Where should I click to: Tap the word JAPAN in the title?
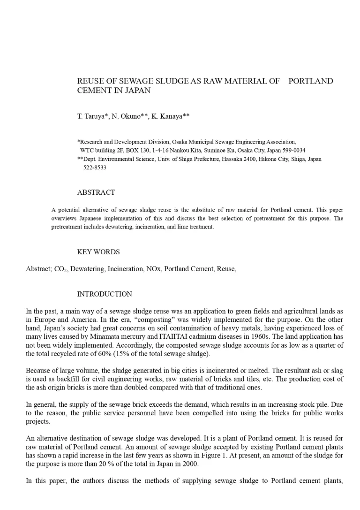(139, 90)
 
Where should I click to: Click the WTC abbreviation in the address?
(88, 150)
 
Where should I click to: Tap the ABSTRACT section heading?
(96, 192)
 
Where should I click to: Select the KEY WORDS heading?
(98, 252)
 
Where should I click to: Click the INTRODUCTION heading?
(105, 294)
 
